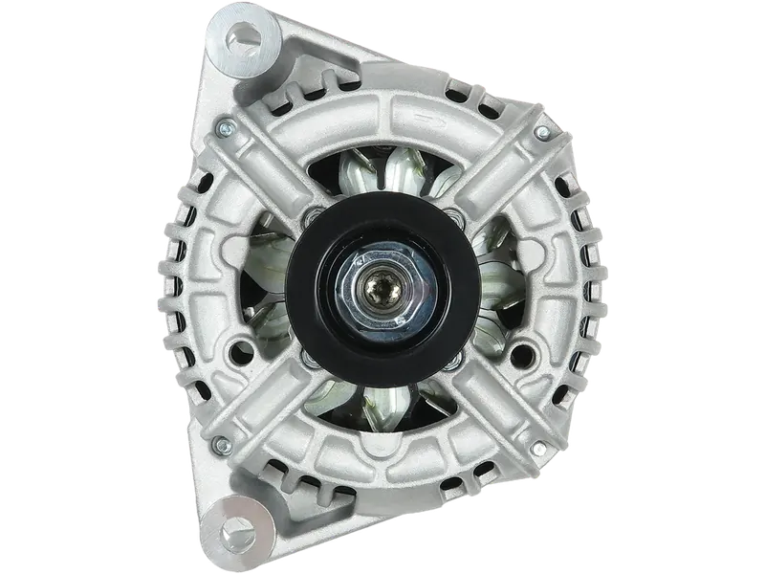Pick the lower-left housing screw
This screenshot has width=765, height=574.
tap(223, 442)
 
